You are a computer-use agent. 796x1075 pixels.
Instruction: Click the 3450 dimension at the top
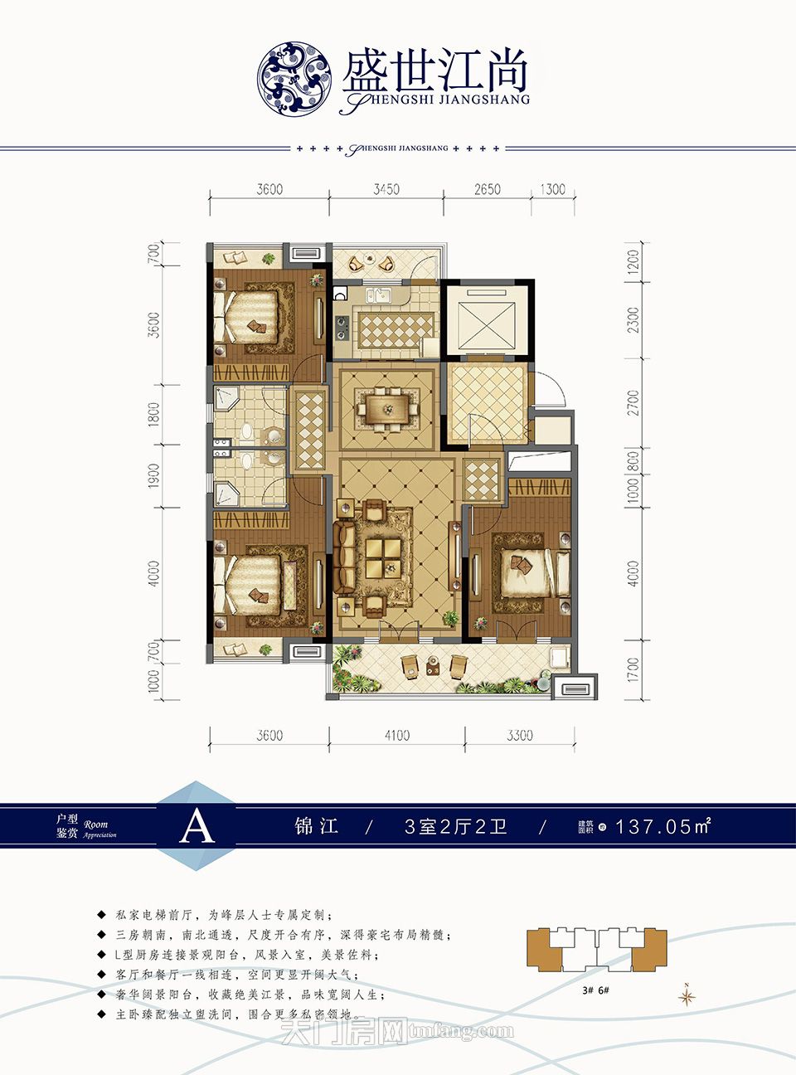click(386, 189)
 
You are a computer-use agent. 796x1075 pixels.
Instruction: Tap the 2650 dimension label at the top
click(487, 189)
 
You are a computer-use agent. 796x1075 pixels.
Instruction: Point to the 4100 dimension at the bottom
click(396, 735)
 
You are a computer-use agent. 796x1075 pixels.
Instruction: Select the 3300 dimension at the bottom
click(519, 735)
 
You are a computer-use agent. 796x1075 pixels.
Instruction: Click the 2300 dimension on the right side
click(634, 320)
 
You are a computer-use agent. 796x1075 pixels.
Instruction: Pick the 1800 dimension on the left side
click(153, 415)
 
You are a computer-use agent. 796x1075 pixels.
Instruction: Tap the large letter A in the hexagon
click(197, 825)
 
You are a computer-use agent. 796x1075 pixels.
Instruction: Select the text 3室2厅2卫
click(455, 826)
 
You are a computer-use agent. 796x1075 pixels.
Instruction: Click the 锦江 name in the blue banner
click(316, 826)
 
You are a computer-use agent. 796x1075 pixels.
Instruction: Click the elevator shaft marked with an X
click(487, 318)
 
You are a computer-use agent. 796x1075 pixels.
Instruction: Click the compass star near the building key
click(687, 996)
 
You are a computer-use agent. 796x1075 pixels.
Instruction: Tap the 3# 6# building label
click(595, 990)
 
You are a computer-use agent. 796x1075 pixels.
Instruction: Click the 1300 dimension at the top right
click(552, 189)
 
